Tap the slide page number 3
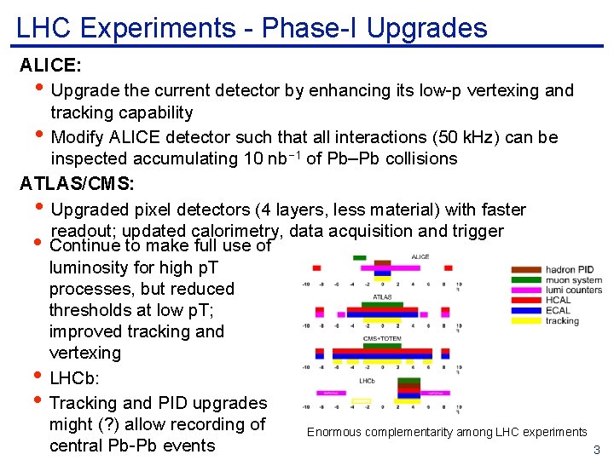click(597, 450)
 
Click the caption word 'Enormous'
click(332, 433)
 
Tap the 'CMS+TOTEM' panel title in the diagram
click(382, 338)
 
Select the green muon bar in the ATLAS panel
click(383, 305)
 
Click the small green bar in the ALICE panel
click(360, 256)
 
